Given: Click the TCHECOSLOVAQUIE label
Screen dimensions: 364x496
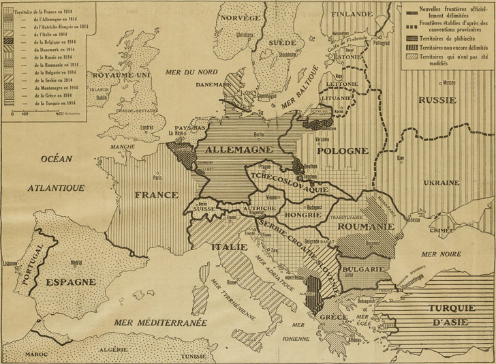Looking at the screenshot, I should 288,177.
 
